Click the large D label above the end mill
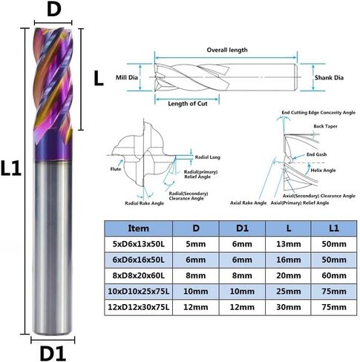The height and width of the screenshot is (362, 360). (x=54, y=11)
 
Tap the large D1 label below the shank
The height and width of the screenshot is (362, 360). (x=54, y=351)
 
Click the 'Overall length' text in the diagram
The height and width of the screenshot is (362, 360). (x=226, y=50)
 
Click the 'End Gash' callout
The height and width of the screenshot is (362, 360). (x=316, y=154)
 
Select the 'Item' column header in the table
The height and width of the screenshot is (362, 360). (x=139, y=228)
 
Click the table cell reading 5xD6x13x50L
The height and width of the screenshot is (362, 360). (x=139, y=243)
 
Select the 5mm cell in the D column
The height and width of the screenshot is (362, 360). (x=194, y=243)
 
